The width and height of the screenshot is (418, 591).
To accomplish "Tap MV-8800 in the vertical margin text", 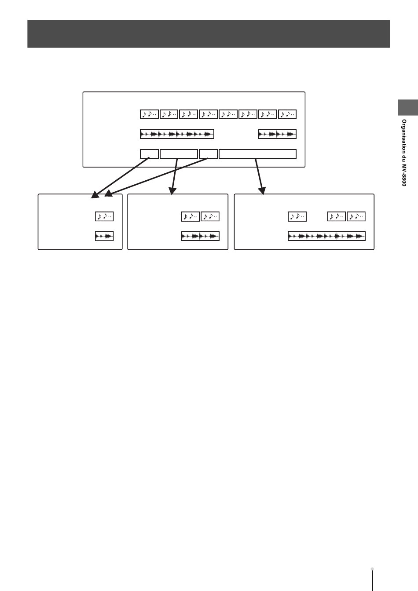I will click(403, 175).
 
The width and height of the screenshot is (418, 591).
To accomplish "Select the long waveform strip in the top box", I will click(177, 134).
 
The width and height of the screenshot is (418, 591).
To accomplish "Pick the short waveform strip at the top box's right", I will click(277, 134).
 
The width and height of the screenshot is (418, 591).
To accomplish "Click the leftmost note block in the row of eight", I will click(149, 114).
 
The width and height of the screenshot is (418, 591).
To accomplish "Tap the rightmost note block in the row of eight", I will click(288, 114).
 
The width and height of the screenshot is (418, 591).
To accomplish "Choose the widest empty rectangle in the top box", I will click(257, 153).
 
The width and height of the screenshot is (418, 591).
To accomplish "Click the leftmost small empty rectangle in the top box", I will click(149, 153).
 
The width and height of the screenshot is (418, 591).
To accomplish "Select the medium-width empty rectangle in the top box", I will click(179, 153).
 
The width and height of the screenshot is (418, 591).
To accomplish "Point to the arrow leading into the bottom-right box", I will click(259, 176).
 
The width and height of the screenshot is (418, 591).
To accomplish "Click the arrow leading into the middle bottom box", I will click(174, 176).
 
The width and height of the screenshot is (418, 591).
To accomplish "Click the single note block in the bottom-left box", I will click(104, 216).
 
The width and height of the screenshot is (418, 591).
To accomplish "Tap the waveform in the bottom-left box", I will click(104, 236).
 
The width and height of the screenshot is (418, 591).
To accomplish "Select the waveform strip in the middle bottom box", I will click(200, 236).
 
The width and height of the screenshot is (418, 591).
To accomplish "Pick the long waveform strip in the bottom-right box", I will click(326, 236).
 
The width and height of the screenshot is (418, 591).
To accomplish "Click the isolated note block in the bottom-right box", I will click(297, 216).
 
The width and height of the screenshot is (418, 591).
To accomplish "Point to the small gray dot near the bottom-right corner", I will click(373, 568).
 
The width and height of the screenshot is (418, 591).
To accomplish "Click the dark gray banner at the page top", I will click(209, 33).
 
